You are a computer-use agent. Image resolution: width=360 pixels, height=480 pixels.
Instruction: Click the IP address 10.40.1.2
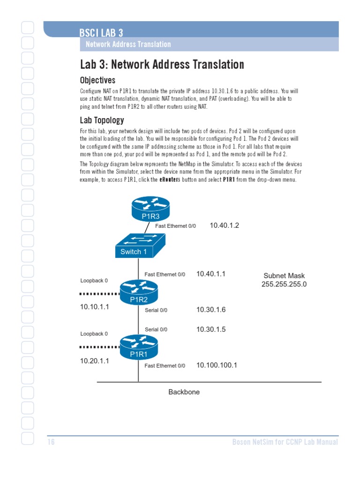pyautogui.click(x=224, y=225)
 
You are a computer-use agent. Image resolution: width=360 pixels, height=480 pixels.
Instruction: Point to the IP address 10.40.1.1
pyautogui.click(x=210, y=274)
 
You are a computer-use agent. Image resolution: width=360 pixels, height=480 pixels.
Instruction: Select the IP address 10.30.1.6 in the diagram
pyautogui.click(x=210, y=310)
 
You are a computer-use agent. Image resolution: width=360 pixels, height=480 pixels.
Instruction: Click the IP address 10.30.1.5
pyautogui.click(x=210, y=330)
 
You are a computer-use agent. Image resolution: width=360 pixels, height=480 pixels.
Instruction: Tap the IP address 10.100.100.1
pyautogui.click(x=216, y=365)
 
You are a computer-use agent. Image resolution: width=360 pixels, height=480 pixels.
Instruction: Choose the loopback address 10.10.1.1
pyautogui.click(x=94, y=307)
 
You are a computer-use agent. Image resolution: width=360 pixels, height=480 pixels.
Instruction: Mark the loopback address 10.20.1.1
pyautogui.click(x=94, y=361)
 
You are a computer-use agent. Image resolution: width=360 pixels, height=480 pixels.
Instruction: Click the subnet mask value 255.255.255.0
pyautogui.click(x=284, y=285)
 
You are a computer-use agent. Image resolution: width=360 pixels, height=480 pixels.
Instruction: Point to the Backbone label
pyautogui.click(x=184, y=392)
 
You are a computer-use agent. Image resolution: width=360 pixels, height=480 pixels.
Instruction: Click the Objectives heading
pyautogui.click(x=97, y=81)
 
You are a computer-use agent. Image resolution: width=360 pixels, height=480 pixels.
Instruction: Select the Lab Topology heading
pyautogui.click(x=102, y=120)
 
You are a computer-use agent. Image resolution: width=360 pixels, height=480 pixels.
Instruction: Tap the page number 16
pyautogui.click(x=51, y=442)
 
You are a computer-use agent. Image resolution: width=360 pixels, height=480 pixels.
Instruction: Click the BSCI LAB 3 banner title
pyautogui.click(x=101, y=33)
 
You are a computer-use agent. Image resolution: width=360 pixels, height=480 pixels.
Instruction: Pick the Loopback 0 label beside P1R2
pyautogui.click(x=94, y=281)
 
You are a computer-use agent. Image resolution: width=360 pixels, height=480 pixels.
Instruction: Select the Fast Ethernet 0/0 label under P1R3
pyautogui.click(x=175, y=226)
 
